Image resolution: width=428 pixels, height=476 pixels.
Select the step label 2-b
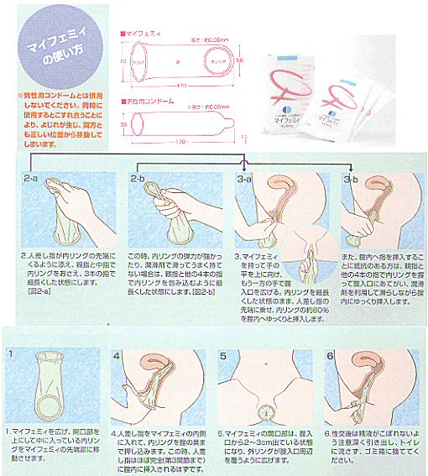pyautogui.click(x=139, y=179)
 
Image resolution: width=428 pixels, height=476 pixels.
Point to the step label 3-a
pyautogui.click(x=245, y=179)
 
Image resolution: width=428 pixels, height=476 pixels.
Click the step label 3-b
pyautogui.click(x=352, y=179)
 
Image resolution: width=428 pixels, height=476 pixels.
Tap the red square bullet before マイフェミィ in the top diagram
pyautogui.click(x=123, y=29)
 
